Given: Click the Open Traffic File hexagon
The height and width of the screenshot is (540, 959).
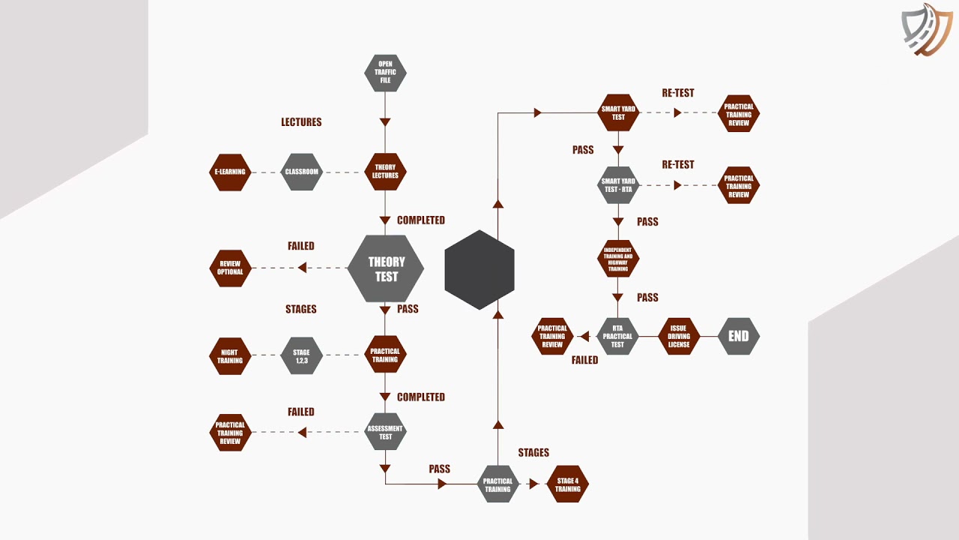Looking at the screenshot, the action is click(x=385, y=73).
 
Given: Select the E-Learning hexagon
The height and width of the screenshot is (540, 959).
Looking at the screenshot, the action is click(x=230, y=172).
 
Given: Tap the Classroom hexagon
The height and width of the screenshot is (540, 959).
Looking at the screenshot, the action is click(x=301, y=172).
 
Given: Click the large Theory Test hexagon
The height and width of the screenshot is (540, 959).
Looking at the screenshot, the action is click(x=386, y=268).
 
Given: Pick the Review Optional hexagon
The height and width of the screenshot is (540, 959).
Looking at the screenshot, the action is click(x=230, y=268).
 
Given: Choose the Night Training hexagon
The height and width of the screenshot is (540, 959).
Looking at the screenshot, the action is click(x=230, y=356).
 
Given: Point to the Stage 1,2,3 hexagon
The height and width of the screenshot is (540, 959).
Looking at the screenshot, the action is click(x=301, y=355).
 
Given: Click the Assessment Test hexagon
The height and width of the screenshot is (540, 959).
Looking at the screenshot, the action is click(x=385, y=431).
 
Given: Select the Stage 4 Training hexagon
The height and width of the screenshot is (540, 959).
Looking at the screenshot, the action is click(x=568, y=484).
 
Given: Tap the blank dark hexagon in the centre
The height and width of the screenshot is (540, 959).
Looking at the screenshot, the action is click(x=479, y=269).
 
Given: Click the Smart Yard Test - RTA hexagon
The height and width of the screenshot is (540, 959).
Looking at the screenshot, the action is click(x=618, y=185).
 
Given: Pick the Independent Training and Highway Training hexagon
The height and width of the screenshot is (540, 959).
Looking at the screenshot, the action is click(x=618, y=259).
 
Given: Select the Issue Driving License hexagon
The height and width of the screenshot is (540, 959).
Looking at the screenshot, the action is click(x=679, y=337).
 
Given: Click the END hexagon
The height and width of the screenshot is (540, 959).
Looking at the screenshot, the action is click(x=739, y=337).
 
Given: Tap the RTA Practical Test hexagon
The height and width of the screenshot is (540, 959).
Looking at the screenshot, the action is click(x=617, y=337).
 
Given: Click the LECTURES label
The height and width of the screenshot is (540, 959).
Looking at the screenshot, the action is click(x=301, y=122).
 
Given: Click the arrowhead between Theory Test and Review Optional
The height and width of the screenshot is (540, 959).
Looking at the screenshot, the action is click(x=302, y=268).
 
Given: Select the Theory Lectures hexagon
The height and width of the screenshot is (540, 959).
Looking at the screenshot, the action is click(x=385, y=172).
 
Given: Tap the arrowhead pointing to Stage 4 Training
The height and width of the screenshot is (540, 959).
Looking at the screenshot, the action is click(x=534, y=484).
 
